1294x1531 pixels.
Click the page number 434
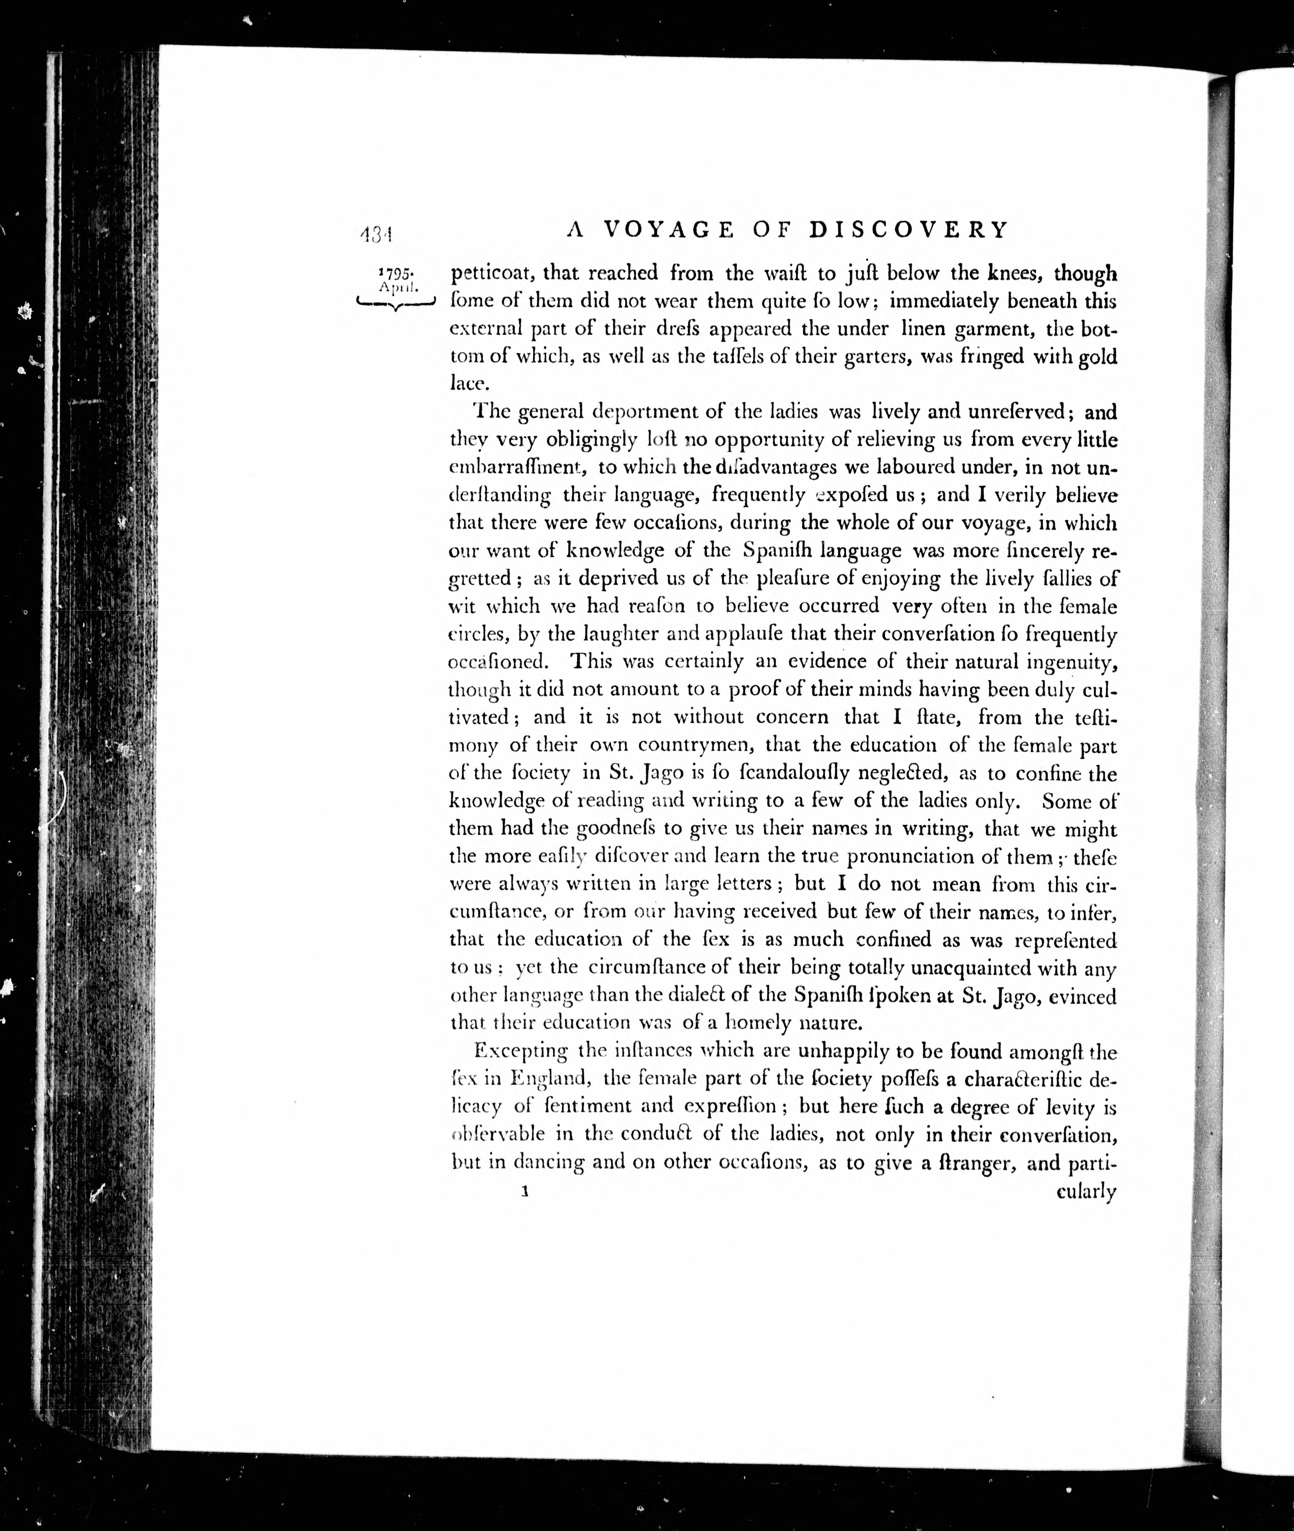(x=377, y=234)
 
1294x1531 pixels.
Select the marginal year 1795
(x=397, y=272)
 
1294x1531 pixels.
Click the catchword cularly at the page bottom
(x=1086, y=1191)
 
